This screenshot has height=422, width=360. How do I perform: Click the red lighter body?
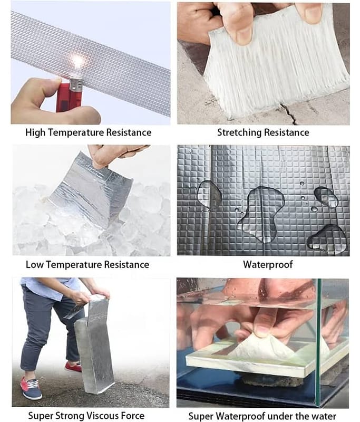(x=69, y=98)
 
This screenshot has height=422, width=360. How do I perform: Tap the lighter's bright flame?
(x=77, y=61)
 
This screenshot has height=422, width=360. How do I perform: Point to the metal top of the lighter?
(x=75, y=84)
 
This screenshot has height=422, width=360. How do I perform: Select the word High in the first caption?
(x=35, y=133)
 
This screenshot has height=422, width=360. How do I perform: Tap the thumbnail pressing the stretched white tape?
(x=244, y=35)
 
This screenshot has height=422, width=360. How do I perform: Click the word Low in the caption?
(x=34, y=265)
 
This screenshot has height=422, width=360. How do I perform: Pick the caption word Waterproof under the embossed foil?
(x=268, y=265)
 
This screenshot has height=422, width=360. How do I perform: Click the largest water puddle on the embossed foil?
(x=261, y=213)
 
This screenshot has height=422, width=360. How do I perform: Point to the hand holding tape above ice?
(x=113, y=156)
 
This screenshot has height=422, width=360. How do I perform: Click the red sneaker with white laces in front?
(x=31, y=388)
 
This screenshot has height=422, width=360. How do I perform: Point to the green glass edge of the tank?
(x=319, y=342)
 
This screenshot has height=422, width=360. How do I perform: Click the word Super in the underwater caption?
(x=200, y=416)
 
